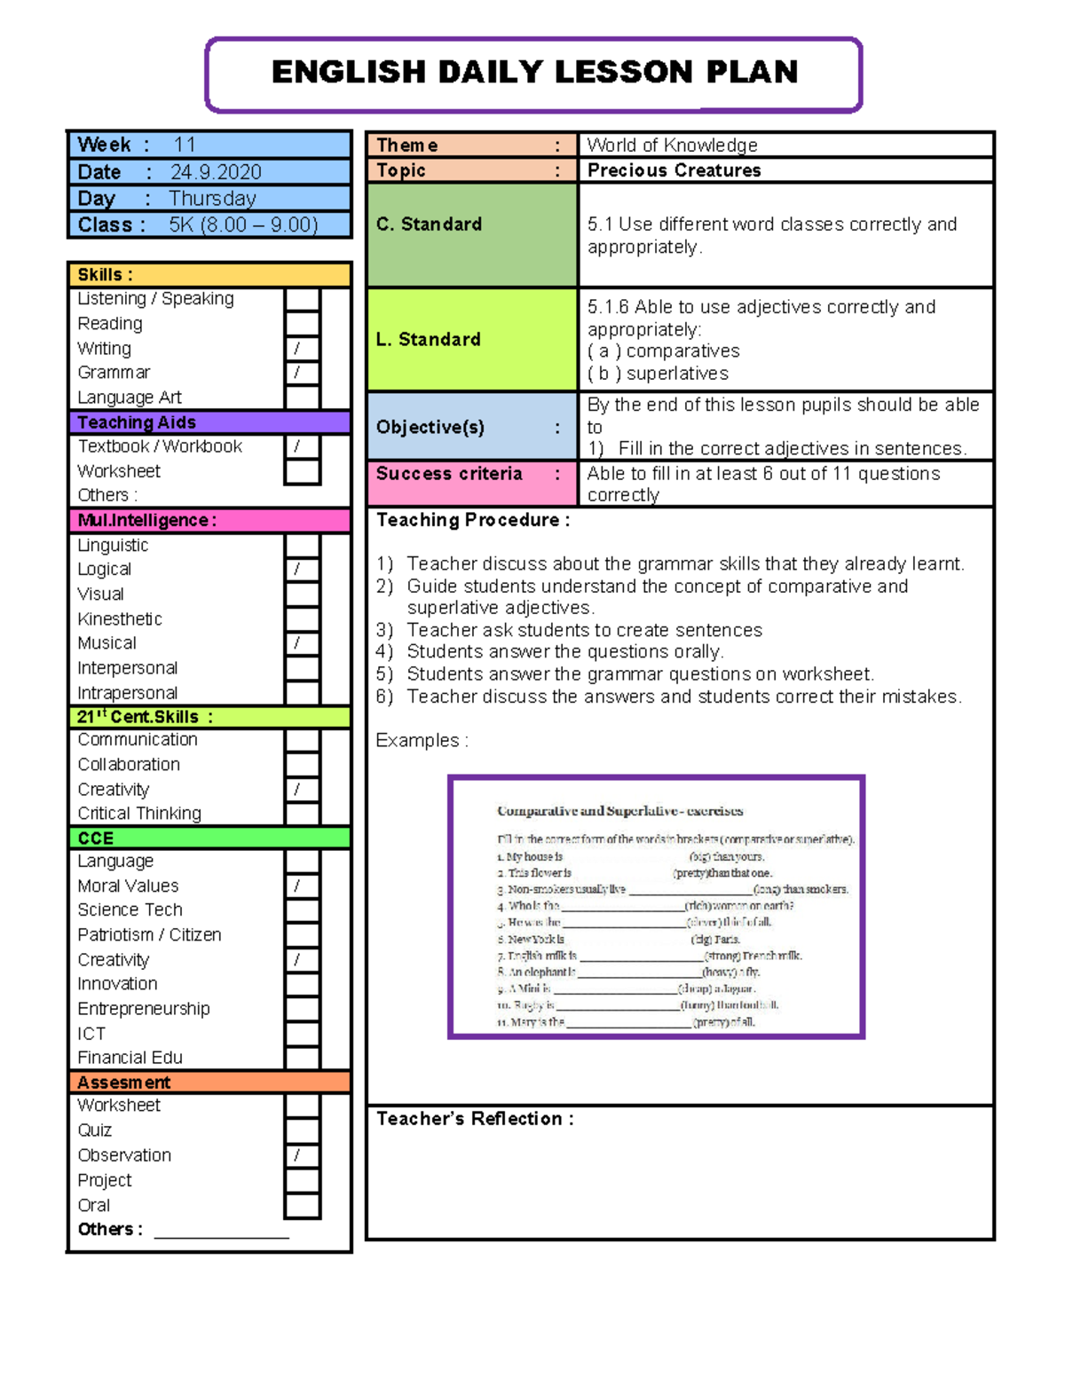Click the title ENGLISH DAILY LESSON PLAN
coord(533,72)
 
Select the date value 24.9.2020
coord(216,172)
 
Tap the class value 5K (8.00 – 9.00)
coord(243,225)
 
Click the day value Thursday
coord(212,199)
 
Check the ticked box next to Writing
coord(302,349)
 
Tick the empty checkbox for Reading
coord(302,324)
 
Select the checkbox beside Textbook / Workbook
coord(302,446)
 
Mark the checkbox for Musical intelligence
coord(302,643)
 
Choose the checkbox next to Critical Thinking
coord(302,814)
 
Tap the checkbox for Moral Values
coord(302,886)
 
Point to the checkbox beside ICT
coord(302,1034)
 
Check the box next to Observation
coord(302,1155)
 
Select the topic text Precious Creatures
coord(674,170)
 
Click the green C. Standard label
coord(429,224)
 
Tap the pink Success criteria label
coord(449,474)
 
